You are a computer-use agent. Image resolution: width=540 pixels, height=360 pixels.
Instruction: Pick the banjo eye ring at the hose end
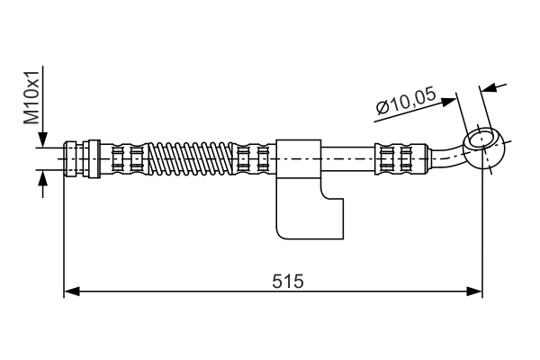(x=483, y=142)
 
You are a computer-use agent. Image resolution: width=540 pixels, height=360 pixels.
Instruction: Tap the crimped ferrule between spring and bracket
(x=252, y=158)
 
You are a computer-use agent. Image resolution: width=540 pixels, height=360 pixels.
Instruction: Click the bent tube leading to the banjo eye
(x=446, y=157)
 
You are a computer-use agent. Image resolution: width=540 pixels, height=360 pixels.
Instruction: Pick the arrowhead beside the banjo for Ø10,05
(x=490, y=87)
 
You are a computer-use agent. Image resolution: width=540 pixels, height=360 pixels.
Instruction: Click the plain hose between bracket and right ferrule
(x=347, y=158)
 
